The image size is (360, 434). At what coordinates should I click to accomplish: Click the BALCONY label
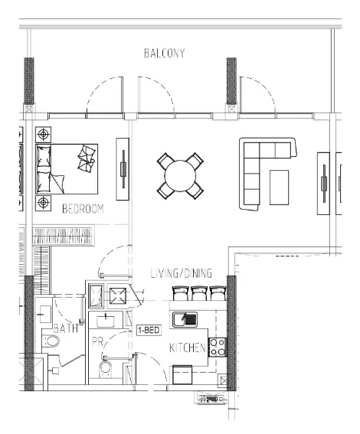click(164, 53)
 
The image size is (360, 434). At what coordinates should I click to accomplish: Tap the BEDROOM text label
click(83, 209)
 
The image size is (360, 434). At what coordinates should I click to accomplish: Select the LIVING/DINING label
click(182, 273)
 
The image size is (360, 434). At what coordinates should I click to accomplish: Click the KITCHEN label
click(188, 348)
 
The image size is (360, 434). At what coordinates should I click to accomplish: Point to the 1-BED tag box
click(149, 330)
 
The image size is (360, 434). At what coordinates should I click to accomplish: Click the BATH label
click(66, 328)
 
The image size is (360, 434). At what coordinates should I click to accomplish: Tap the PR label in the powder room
click(97, 342)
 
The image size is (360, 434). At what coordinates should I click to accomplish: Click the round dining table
click(180, 176)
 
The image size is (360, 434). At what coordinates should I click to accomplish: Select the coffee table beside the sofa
click(279, 188)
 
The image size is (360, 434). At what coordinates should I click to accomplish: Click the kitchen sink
click(185, 320)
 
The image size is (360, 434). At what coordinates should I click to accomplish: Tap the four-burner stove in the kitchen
click(218, 348)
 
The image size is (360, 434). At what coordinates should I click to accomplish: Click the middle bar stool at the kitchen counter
click(199, 293)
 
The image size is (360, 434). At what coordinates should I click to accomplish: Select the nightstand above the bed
click(43, 135)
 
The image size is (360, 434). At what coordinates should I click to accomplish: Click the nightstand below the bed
click(43, 203)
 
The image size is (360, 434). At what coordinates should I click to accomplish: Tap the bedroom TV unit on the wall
click(123, 169)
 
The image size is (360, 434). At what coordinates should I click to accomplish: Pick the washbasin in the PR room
click(105, 321)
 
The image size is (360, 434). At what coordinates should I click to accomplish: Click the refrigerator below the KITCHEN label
click(182, 375)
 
